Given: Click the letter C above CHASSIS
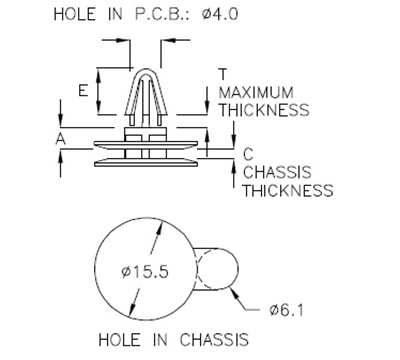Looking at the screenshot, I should tap(247, 153).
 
